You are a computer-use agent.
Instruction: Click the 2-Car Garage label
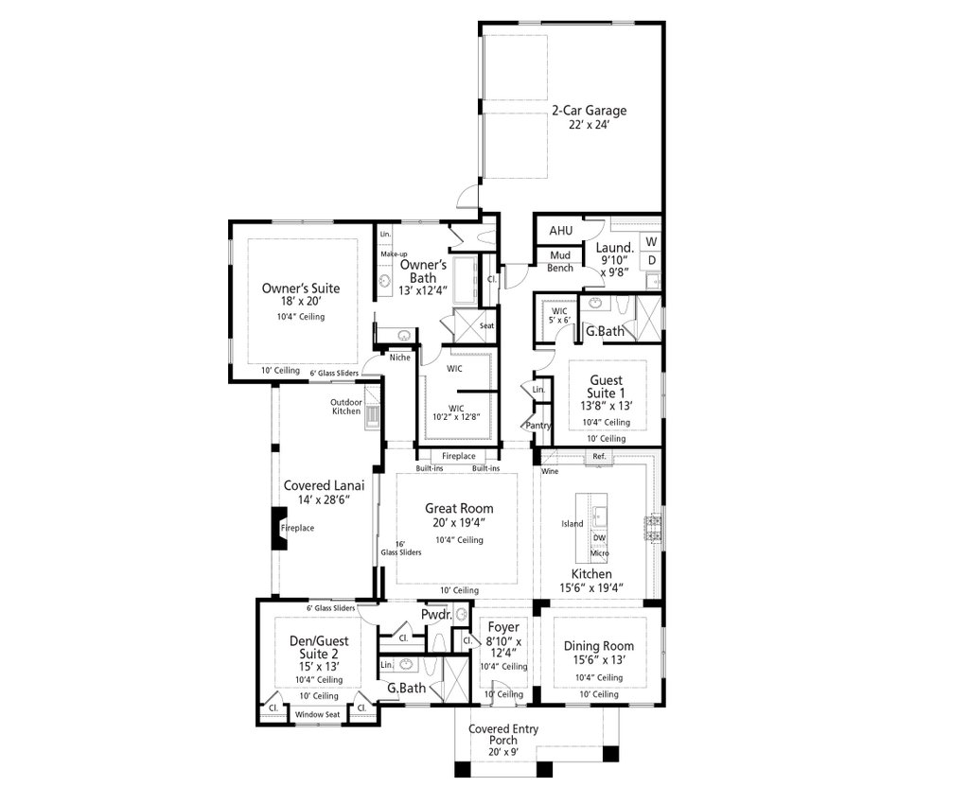tap(589, 110)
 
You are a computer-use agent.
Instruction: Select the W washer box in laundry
tap(651, 241)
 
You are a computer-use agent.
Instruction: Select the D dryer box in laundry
tap(651, 259)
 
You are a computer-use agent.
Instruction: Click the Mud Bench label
tap(560, 262)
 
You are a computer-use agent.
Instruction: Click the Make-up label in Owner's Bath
tap(394, 255)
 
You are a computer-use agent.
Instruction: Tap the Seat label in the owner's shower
tap(486, 326)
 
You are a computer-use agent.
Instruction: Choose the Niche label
tap(400, 357)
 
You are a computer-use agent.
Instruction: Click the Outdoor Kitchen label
tap(345, 406)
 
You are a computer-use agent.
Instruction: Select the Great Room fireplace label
tap(459, 456)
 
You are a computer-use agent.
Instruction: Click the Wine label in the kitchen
tap(549, 470)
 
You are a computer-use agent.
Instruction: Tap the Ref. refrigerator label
tap(598, 457)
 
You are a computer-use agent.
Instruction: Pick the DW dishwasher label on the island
tap(599, 537)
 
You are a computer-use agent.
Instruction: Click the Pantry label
tap(538, 426)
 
